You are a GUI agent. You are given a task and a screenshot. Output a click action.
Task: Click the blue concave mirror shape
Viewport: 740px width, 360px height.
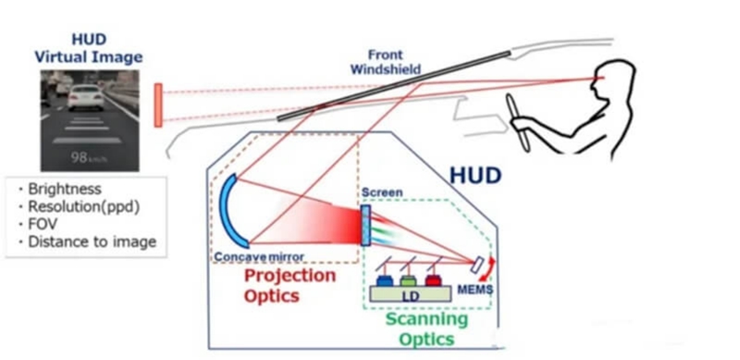(x=228, y=210)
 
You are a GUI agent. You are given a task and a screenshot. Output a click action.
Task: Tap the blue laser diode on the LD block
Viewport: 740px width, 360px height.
(x=384, y=280)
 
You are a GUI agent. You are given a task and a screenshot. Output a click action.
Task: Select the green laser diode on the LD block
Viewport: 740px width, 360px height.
(x=408, y=280)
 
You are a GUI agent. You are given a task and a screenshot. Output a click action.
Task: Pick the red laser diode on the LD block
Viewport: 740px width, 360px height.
(x=433, y=280)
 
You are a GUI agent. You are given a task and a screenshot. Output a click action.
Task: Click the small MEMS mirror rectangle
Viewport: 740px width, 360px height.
(x=476, y=264)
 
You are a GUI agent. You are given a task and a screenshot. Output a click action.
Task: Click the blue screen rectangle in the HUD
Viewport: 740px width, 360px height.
(x=365, y=225)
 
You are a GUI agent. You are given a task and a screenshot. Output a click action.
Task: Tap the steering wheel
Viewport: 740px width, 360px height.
(x=518, y=122)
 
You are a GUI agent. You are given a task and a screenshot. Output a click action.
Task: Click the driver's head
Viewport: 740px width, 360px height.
(x=613, y=81)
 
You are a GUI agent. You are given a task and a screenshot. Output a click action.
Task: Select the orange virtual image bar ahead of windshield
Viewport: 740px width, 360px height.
(x=158, y=105)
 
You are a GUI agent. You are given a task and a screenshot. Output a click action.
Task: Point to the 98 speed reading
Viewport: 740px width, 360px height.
(x=79, y=156)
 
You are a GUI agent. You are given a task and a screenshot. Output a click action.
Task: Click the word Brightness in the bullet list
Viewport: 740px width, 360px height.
(x=65, y=189)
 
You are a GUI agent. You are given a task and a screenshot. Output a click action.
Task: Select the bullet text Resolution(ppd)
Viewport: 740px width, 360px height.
(x=84, y=207)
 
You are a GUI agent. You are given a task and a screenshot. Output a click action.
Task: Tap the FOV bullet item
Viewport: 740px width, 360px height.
(x=42, y=224)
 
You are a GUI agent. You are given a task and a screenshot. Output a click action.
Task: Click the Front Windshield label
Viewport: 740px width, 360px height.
(x=385, y=62)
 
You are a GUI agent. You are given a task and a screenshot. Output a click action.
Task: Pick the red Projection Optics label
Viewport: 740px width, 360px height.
(x=290, y=285)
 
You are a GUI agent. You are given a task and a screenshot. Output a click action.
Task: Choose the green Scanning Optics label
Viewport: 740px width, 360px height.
(x=426, y=329)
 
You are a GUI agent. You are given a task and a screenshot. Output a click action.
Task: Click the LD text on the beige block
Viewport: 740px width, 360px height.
(x=410, y=297)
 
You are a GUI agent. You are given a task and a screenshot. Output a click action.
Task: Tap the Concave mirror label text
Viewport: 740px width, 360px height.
(x=259, y=257)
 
